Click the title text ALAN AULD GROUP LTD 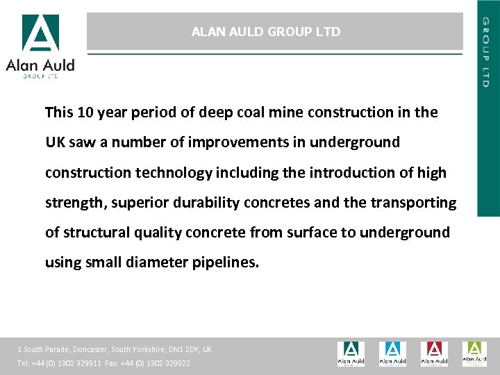coord(266,32)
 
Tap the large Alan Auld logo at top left coord(40,46)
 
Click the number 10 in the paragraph coord(86,112)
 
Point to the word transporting coord(415,203)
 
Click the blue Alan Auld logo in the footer coord(392,353)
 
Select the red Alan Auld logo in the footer coord(433,353)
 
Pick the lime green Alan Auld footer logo coord(474,353)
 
